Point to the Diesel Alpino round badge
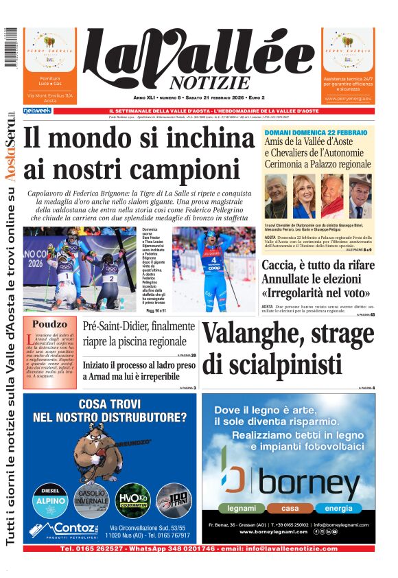[49, 500]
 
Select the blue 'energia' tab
[339, 509]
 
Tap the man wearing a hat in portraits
[360, 197]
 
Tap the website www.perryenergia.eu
[349, 98]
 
